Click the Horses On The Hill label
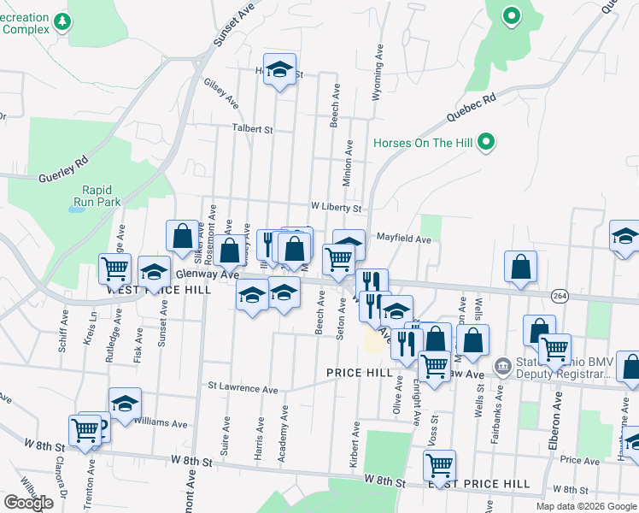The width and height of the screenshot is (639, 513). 422,142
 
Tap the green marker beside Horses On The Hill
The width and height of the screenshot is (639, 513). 486,141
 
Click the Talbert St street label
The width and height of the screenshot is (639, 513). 251,129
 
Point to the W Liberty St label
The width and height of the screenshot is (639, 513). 337,208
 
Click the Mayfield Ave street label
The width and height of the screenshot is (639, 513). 404,239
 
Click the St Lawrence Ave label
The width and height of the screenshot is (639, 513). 243,388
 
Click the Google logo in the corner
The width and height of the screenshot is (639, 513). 28,503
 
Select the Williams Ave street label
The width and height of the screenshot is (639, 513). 160,422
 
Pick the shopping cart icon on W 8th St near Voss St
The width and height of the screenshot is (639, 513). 439,466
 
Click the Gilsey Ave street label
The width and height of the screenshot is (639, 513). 220,94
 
